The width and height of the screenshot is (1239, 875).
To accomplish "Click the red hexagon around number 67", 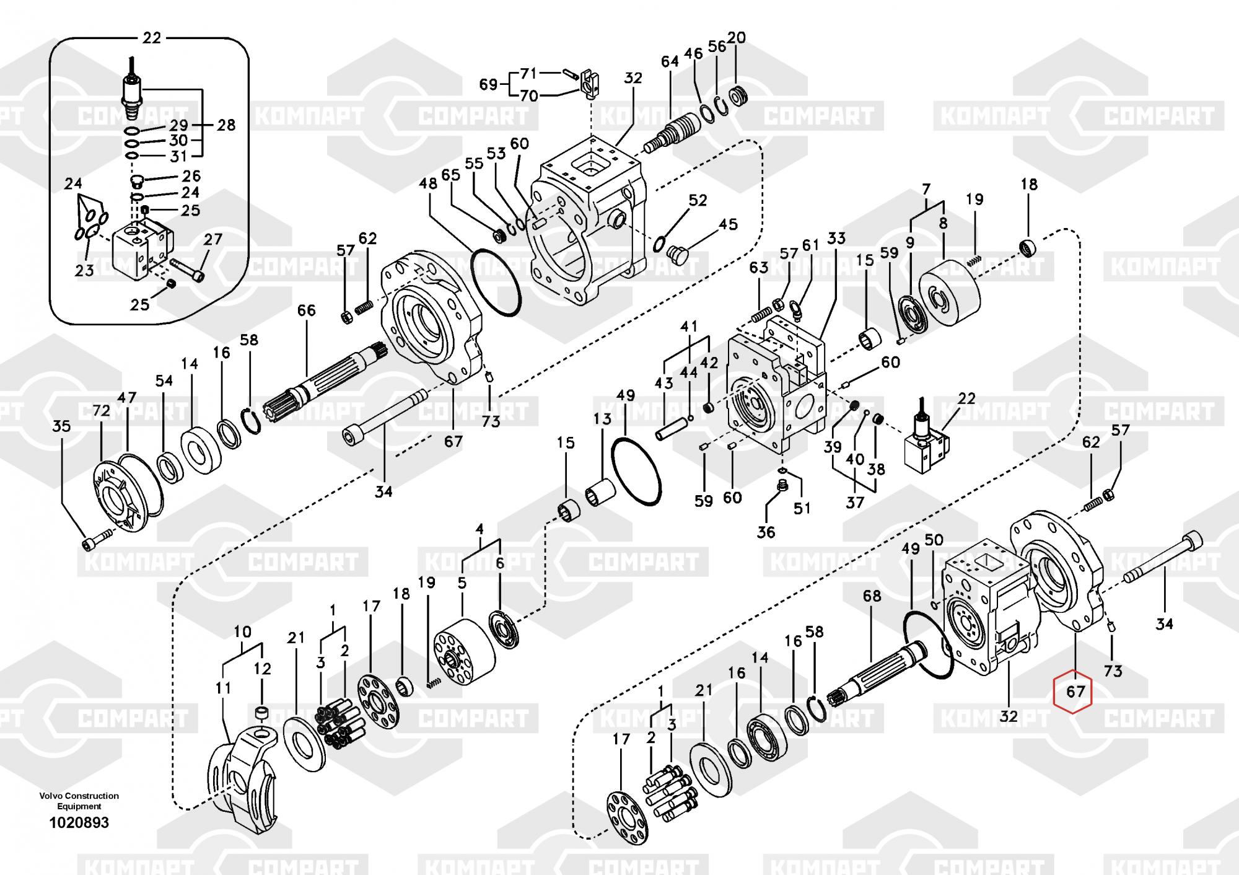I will click(1075, 690).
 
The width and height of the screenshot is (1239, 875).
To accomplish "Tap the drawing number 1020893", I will click(79, 822).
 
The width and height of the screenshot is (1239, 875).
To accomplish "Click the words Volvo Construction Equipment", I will click(79, 801).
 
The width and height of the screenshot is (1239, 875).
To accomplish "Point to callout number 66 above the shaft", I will click(307, 310).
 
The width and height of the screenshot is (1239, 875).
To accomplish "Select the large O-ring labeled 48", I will click(496, 281).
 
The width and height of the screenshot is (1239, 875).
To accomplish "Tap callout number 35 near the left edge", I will click(61, 426).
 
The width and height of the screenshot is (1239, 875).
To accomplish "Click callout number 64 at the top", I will click(670, 62).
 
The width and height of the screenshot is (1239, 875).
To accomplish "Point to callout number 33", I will click(836, 239).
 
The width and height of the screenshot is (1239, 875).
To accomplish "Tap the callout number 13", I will click(602, 419).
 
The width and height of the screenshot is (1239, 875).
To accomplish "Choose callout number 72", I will click(101, 411).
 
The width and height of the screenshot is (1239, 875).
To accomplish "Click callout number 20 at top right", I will click(736, 38).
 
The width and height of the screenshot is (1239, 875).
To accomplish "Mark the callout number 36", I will click(766, 532).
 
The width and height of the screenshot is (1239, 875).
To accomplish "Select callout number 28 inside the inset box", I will click(226, 125).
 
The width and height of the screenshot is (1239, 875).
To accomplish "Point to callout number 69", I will click(489, 84).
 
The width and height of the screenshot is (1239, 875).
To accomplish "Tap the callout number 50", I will click(934, 540).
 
